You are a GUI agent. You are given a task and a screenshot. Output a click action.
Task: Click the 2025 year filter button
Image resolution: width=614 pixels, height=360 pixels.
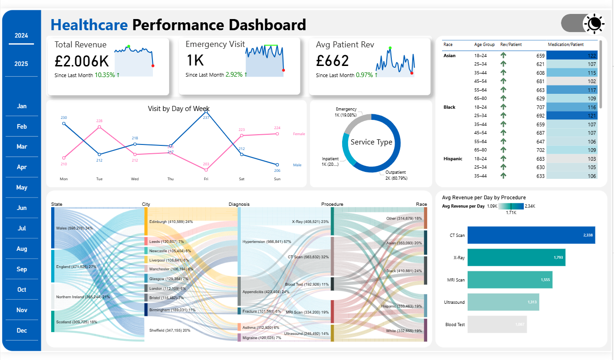(21, 64)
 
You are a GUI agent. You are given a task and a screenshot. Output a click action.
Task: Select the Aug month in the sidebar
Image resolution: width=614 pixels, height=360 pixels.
(21, 249)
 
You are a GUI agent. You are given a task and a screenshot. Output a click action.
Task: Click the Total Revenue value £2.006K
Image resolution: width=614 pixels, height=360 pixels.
(81, 61)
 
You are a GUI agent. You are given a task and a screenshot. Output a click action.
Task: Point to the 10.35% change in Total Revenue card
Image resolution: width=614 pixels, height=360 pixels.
(106, 75)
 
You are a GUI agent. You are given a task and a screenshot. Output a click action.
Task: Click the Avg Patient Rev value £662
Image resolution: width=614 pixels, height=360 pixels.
(332, 61)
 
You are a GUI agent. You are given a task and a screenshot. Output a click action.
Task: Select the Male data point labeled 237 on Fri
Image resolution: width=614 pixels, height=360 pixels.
(206, 112)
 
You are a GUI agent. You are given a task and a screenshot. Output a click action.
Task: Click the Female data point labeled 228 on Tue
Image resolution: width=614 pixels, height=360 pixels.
(99, 126)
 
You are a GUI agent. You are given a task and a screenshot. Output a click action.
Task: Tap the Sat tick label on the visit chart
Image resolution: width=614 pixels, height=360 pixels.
(241, 179)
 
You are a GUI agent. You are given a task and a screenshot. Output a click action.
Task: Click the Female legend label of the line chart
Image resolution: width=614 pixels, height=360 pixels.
(299, 134)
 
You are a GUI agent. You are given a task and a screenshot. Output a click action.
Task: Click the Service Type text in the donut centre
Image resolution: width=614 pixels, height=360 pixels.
(371, 142)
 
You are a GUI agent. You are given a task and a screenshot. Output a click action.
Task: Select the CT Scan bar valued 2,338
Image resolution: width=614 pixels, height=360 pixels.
(531, 235)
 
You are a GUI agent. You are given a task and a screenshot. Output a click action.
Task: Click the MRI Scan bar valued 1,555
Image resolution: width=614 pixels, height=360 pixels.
(509, 280)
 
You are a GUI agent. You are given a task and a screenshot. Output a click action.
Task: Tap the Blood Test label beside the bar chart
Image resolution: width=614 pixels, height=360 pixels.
(455, 325)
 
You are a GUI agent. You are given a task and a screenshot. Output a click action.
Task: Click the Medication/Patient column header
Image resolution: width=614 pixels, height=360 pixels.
(565, 45)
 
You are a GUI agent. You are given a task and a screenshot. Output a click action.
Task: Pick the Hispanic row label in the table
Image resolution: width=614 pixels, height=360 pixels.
(453, 158)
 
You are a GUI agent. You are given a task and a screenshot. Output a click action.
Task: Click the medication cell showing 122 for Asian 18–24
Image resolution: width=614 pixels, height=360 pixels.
(571, 55)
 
